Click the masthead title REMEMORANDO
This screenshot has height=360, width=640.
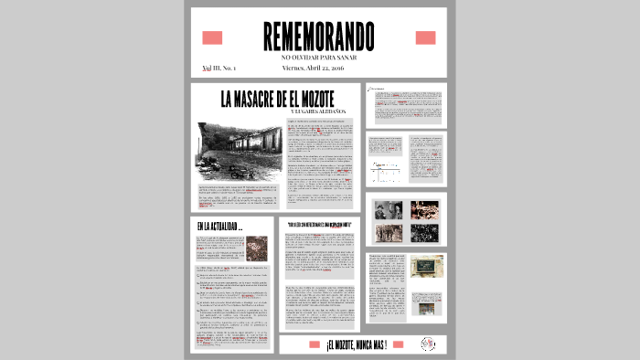coord(318,36)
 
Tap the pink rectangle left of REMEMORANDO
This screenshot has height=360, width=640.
coord(212,37)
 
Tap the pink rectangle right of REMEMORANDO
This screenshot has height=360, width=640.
coord(425,37)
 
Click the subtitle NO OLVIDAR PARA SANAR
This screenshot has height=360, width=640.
coord(318,57)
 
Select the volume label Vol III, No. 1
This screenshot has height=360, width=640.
coord(219,69)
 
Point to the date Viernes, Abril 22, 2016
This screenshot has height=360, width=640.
coord(314,69)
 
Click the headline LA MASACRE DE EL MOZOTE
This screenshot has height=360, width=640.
coord(277,98)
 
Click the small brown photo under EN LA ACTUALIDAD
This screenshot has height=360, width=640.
coord(257,248)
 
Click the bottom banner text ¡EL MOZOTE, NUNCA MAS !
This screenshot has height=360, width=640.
coord(357,344)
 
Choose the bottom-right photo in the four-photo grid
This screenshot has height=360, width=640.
coord(423,233)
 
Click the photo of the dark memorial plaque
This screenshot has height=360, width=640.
coord(426,267)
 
